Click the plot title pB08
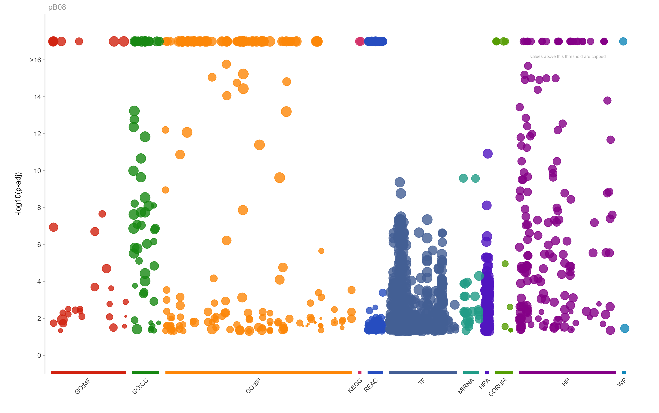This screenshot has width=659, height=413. coord(57,7)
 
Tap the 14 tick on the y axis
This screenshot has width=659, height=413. coord(37,97)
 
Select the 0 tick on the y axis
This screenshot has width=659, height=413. coord(39,355)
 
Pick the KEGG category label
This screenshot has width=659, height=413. coord(355,385)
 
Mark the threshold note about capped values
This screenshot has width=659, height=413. coord(568,57)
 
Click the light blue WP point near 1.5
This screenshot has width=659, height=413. coord(625,328)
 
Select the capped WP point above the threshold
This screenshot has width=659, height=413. coord(623,42)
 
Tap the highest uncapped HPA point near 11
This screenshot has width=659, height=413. coord(487,154)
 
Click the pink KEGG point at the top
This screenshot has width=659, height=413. coord(360,42)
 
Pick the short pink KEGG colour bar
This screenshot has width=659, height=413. coord(360,372)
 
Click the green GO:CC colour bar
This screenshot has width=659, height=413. coord(146,372)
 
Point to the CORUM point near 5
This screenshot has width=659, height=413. coord(505,264)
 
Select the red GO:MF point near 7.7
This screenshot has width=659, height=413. coord(102,214)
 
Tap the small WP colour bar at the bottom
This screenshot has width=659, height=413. coord(624,372)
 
